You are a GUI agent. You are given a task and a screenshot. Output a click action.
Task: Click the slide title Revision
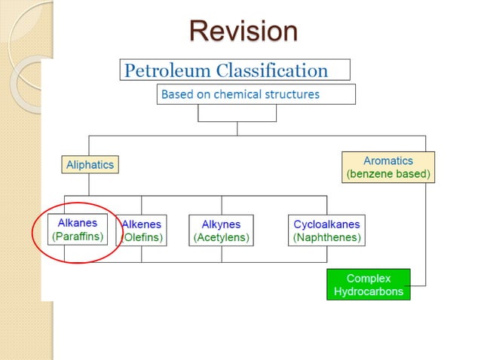[x=243, y=31]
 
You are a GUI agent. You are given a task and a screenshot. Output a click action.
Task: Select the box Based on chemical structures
[x=256, y=94]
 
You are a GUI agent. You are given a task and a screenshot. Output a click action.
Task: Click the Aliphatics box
[x=90, y=164]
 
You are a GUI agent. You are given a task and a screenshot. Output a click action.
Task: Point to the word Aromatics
[x=388, y=160]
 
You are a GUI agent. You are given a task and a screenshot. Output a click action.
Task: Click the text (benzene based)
[x=388, y=174]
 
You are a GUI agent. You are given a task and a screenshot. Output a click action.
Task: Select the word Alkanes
[x=77, y=223]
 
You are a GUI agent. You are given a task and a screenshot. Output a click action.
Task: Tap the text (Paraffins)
[x=77, y=236]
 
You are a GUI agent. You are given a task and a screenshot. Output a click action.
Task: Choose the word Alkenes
[x=142, y=224]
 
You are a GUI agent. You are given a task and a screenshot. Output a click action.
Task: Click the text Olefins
[x=144, y=237]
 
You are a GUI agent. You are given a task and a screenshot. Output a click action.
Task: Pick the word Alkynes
[x=221, y=224]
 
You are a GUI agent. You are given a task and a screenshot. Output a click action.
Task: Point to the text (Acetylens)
[x=221, y=237]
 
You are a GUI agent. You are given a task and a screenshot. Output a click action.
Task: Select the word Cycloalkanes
[x=326, y=224]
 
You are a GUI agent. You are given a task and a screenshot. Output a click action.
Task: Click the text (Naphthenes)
[x=326, y=237]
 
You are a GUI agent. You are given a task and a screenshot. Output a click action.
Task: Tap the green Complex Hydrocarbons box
[x=368, y=285]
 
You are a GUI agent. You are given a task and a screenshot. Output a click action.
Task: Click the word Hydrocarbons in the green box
[x=368, y=291]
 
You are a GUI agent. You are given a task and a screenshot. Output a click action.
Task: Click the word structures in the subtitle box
[x=294, y=94]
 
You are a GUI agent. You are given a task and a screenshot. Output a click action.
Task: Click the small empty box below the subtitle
[x=237, y=112]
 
